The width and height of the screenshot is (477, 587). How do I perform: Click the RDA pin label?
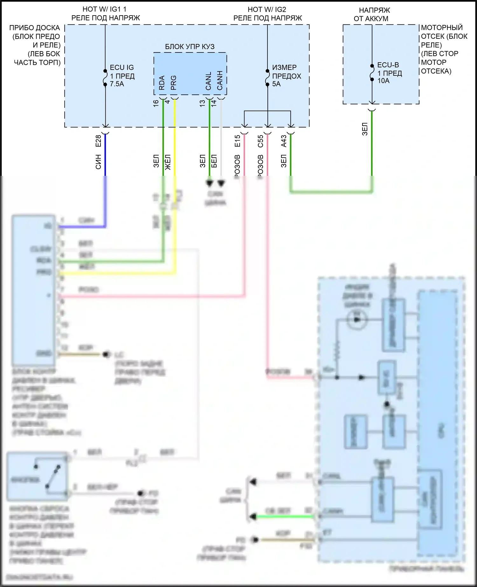coord(162,83)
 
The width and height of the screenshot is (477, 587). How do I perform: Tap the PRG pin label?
coord(173,83)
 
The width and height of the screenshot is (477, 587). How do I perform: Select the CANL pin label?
coord(208,81)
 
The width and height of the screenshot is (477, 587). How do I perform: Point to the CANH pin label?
coord(220,80)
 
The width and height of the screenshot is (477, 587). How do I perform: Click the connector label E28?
coord(98,141)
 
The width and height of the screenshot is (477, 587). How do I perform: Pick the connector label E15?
coord(237,141)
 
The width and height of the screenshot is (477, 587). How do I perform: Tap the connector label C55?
coord(260,141)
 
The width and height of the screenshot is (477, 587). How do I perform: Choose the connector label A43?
coord(284,141)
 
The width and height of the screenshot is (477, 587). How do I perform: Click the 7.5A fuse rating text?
coord(117,84)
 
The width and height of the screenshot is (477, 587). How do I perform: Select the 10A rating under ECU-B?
coord(384,81)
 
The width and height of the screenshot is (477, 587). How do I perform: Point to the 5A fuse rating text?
coord(276,84)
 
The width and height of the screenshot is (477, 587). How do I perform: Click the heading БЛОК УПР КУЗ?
coord(190,47)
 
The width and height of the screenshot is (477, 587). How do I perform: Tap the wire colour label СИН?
coord(98,162)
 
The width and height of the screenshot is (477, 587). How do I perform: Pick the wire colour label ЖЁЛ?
coord(168,162)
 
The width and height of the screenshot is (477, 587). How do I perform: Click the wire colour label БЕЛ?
coord(214,161)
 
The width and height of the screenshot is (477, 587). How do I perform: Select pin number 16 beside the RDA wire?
coord(156,103)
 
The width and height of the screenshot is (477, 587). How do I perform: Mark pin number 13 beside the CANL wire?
coord(202,103)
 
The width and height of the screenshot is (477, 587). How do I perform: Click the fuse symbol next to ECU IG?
coord(105,78)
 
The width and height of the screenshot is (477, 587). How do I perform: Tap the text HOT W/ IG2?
coord(267,10)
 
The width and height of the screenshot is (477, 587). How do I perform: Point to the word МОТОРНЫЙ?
coord(442,28)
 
